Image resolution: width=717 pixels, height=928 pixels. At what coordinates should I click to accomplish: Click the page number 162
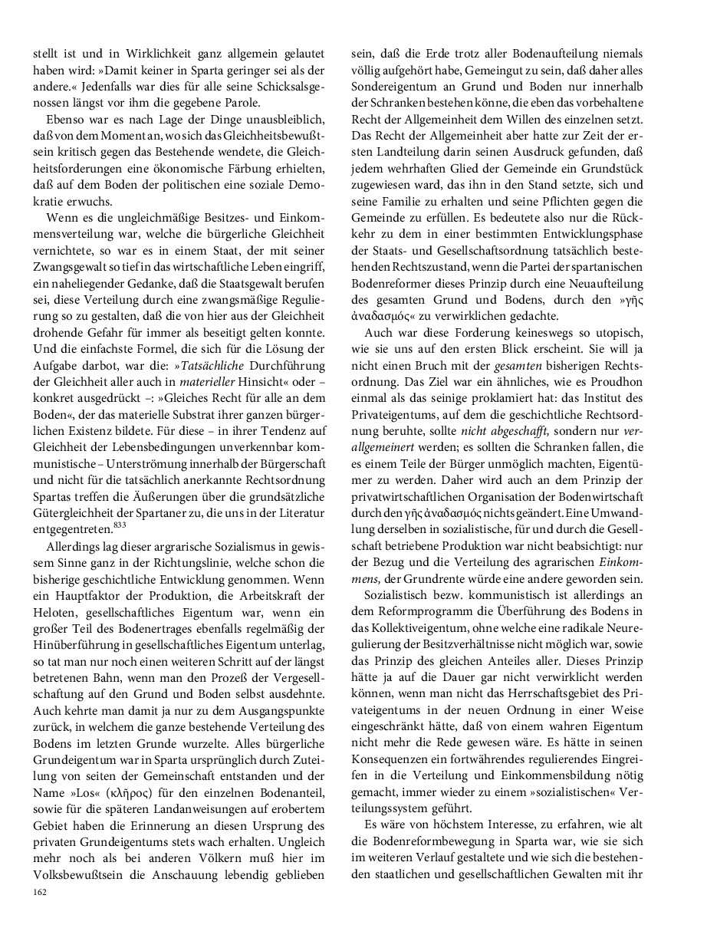[x=39, y=892]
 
